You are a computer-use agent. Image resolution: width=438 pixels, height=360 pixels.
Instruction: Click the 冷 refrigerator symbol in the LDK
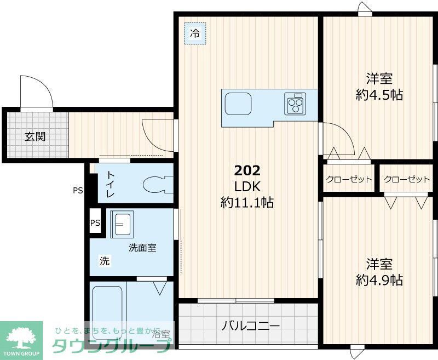tap(195, 33)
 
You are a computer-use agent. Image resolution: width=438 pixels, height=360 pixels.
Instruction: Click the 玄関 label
tap(34, 136)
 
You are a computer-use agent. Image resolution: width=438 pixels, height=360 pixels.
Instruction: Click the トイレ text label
tap(111, 184)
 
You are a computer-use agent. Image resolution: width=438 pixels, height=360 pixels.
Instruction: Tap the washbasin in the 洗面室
tap(121, 224)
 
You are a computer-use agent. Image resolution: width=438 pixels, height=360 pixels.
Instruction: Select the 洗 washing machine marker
tap(104, 261)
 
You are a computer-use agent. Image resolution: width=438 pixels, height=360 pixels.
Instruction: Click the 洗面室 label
tap(142, 248)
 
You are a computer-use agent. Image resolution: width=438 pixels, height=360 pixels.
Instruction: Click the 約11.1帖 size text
tap(247, 203)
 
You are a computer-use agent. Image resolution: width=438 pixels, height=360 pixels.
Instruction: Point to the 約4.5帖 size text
tap(379, 95)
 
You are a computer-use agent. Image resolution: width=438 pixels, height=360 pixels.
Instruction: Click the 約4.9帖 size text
tap(379, 281)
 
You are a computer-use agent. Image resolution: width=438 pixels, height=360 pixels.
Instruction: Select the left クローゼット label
tap(349, 179)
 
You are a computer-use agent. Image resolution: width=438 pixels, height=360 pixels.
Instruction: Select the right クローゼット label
tap(407, 179)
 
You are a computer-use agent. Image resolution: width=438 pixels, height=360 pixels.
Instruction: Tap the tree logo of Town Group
tap(21, 335)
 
